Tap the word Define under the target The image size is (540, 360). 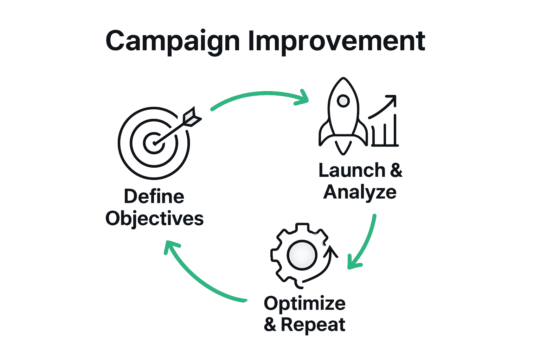pos(154,196)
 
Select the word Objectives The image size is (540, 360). pos(154,218)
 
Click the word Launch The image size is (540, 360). pos(352,170)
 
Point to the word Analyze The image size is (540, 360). pos(360,192)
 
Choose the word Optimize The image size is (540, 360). pos(304,303)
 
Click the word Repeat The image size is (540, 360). pos(313,324)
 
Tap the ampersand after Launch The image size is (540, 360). pos(396,170)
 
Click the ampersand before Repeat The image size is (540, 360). pos(270,324)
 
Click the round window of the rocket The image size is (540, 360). pos(343,101)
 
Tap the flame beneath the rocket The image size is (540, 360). pos(343,147)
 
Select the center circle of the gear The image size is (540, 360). pos(302,255)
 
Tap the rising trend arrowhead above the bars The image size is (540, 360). pos(392,99)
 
